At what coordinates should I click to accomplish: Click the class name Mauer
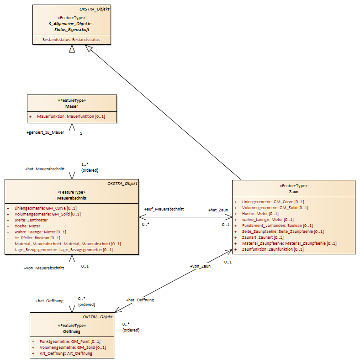[x=72, y=106]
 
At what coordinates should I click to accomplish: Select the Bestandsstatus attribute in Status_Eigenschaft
[x=71, y=40]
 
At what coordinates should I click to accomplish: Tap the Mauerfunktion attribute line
[x=71, y=116]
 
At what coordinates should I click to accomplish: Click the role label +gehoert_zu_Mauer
[x=45, y=132]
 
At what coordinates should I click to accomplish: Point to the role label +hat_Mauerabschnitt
[x=45, y=169]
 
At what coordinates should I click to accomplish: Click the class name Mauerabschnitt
[x=72, y=198]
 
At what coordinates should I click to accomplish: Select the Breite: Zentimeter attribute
[x=31, y=220]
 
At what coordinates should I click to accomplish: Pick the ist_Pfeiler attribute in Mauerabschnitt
[x=37, y=238]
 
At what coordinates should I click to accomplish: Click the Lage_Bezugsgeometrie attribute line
[x=64, y=250]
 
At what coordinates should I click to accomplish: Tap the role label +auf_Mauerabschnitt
[x=164, y=209]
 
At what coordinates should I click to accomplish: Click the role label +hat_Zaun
[x=218, y=210]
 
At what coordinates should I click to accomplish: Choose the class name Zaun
[x=293, y=192]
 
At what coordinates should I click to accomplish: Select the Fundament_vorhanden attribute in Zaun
[x=277, y=226]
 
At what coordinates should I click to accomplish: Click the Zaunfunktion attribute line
[x=273, y=249]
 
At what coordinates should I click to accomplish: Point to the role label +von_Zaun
[x=200, y=266]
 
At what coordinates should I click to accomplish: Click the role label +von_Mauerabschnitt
[x=44, y=268]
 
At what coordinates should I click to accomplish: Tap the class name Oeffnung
[x=72, y=331]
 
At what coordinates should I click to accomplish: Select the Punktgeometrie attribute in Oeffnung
[x=70, y=342]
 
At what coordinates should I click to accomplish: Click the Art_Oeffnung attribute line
[x=66, y=353]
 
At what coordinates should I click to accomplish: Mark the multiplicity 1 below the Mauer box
[x=81, y=133]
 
